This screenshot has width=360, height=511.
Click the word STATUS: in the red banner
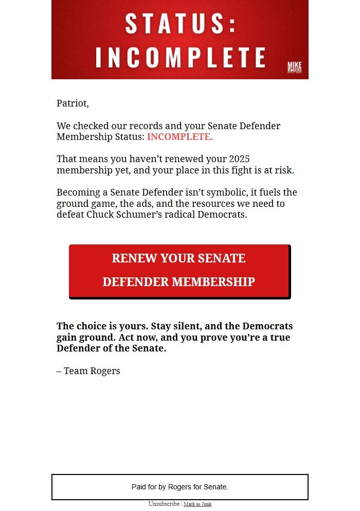click(x=181, y=24)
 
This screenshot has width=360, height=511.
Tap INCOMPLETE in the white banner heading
click(x=181, y=58)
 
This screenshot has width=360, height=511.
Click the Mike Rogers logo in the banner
click(x=294, y=67)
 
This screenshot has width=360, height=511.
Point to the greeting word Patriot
click(x=72, y=103)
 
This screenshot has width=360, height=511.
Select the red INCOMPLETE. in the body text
click(x=179, y=137)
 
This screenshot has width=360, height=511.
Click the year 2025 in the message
click(x=239, y=159)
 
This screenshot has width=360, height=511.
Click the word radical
click(x=179, y=215)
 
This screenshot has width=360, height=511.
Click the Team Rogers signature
click(x=88, y=371)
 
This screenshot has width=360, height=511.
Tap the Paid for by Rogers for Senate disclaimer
click(x=180, y=487)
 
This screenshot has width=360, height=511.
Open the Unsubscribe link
click(x=164, y=504)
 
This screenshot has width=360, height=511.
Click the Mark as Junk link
click(x=197, y=504)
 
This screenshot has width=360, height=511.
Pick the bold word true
click(x=279, y=338)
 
